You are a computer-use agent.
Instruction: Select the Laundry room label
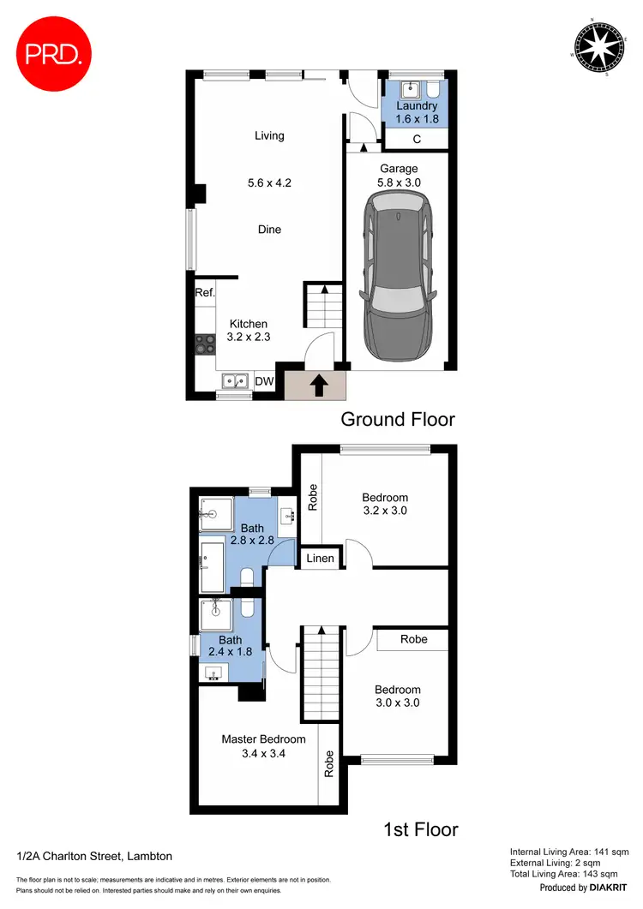point(418,107)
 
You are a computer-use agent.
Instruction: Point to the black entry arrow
point(317,386)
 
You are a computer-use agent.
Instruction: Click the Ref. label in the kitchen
point(204,293)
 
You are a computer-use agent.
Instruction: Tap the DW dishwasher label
point(266,382)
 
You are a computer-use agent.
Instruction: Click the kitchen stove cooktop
point(205,344)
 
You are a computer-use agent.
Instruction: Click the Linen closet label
point(321,559)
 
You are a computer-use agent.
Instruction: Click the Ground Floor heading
point(397,420)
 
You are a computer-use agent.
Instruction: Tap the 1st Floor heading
point(422,829)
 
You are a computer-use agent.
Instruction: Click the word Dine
point(269,230)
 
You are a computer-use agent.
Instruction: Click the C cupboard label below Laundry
point(417,139)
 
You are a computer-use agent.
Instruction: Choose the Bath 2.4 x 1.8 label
point(230,646)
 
